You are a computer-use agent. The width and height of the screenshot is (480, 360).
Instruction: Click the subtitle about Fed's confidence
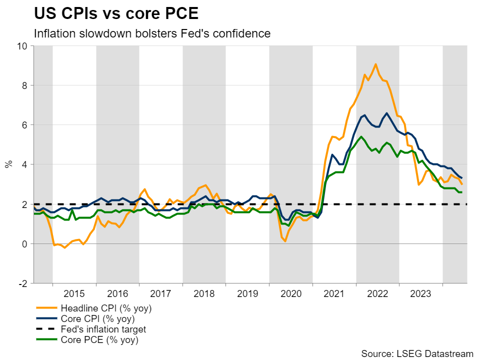click(152, 33)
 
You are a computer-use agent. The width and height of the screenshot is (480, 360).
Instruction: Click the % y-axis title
click(8, 164)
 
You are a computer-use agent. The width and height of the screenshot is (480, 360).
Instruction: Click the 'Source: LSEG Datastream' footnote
click(417, 353)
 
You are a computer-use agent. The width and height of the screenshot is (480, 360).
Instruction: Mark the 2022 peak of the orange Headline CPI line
click(375, 64)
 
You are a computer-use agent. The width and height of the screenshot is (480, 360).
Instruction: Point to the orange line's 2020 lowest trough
click(284, 241)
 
